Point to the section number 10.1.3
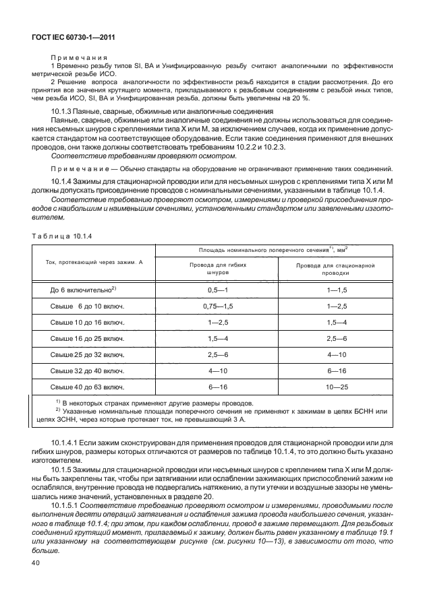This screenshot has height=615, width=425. (63, 110)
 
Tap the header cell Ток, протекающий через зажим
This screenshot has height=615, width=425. (94, 261)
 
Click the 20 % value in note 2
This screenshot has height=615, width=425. (302, 98)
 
